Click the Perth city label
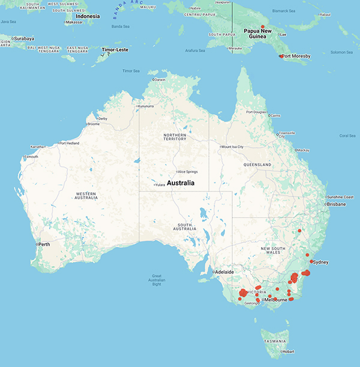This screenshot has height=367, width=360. tap(44, 244)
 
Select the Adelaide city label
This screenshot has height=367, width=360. tap(224, 272)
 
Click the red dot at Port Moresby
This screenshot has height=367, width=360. tap(280, 56)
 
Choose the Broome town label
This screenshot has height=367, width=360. tap(93, 124)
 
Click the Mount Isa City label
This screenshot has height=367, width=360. tap(234, 147)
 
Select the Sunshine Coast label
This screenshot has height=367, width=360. tap(340, 197)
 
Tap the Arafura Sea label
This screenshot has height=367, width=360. tap(194, 50)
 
